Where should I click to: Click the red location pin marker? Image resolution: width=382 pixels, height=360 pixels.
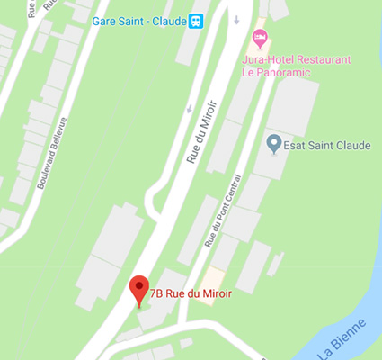click(x=138, y=289)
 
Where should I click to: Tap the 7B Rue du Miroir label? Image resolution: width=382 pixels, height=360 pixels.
click(x=191, y=292)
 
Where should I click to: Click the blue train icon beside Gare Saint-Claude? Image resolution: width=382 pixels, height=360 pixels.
click(x=195, y=21)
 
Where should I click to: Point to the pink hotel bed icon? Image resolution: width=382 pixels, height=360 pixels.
click(x=260, y=39)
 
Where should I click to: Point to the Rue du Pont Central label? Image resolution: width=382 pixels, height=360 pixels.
click(x=224, y=211)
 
